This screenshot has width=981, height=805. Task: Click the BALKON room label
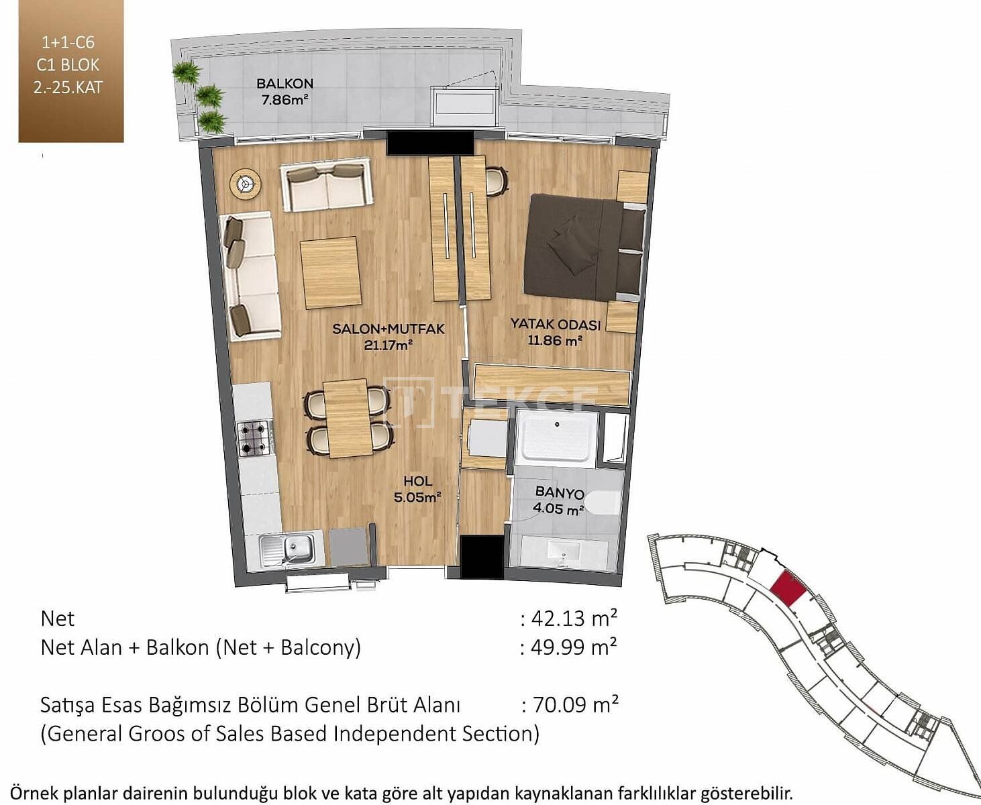point(285,84)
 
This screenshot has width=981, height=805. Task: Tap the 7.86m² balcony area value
point(285,99)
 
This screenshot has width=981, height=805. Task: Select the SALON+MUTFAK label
point(389,329)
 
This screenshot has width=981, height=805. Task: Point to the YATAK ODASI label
point(556,324)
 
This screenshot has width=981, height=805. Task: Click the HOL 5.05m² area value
point(417,497)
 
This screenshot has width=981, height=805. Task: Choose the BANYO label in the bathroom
point(560,492)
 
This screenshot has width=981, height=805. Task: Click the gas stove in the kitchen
point(255,437)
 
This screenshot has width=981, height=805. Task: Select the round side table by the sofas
point(245,184)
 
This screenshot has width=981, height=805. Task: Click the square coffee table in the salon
point(331,273)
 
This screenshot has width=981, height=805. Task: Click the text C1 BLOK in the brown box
point(68,65)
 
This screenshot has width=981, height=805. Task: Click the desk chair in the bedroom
point(497,180)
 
